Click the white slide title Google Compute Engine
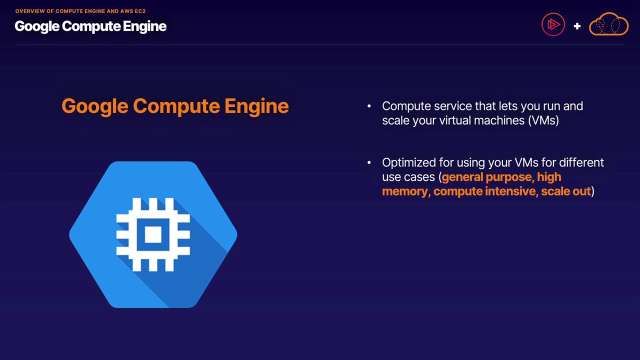pyautogui.click(x=90, y=26)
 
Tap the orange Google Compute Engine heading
pyautogui.click(x=175, y=106)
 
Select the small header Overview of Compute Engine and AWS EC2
pyautogui.click(x=80, y=11)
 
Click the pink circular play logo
pyautogui.click(x=553, y=24)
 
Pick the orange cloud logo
pyautogui.click(x=608, y=24)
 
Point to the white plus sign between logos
pyautogui.click(x=577, y=26)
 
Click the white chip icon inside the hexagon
pyautogui.click(x=153, y=234)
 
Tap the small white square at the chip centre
pyautogui.click(x=153, y=234)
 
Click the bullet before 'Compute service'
pyautogui.click(x=369, y=106)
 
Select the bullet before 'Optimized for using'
pyautogui.click(x=369, y=162)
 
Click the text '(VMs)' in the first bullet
pyautogui.click(x=543, y=120)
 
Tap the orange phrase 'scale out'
pyautogui.click(x=565, y=191)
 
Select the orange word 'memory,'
pyautogui.click(x=405, y=191)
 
